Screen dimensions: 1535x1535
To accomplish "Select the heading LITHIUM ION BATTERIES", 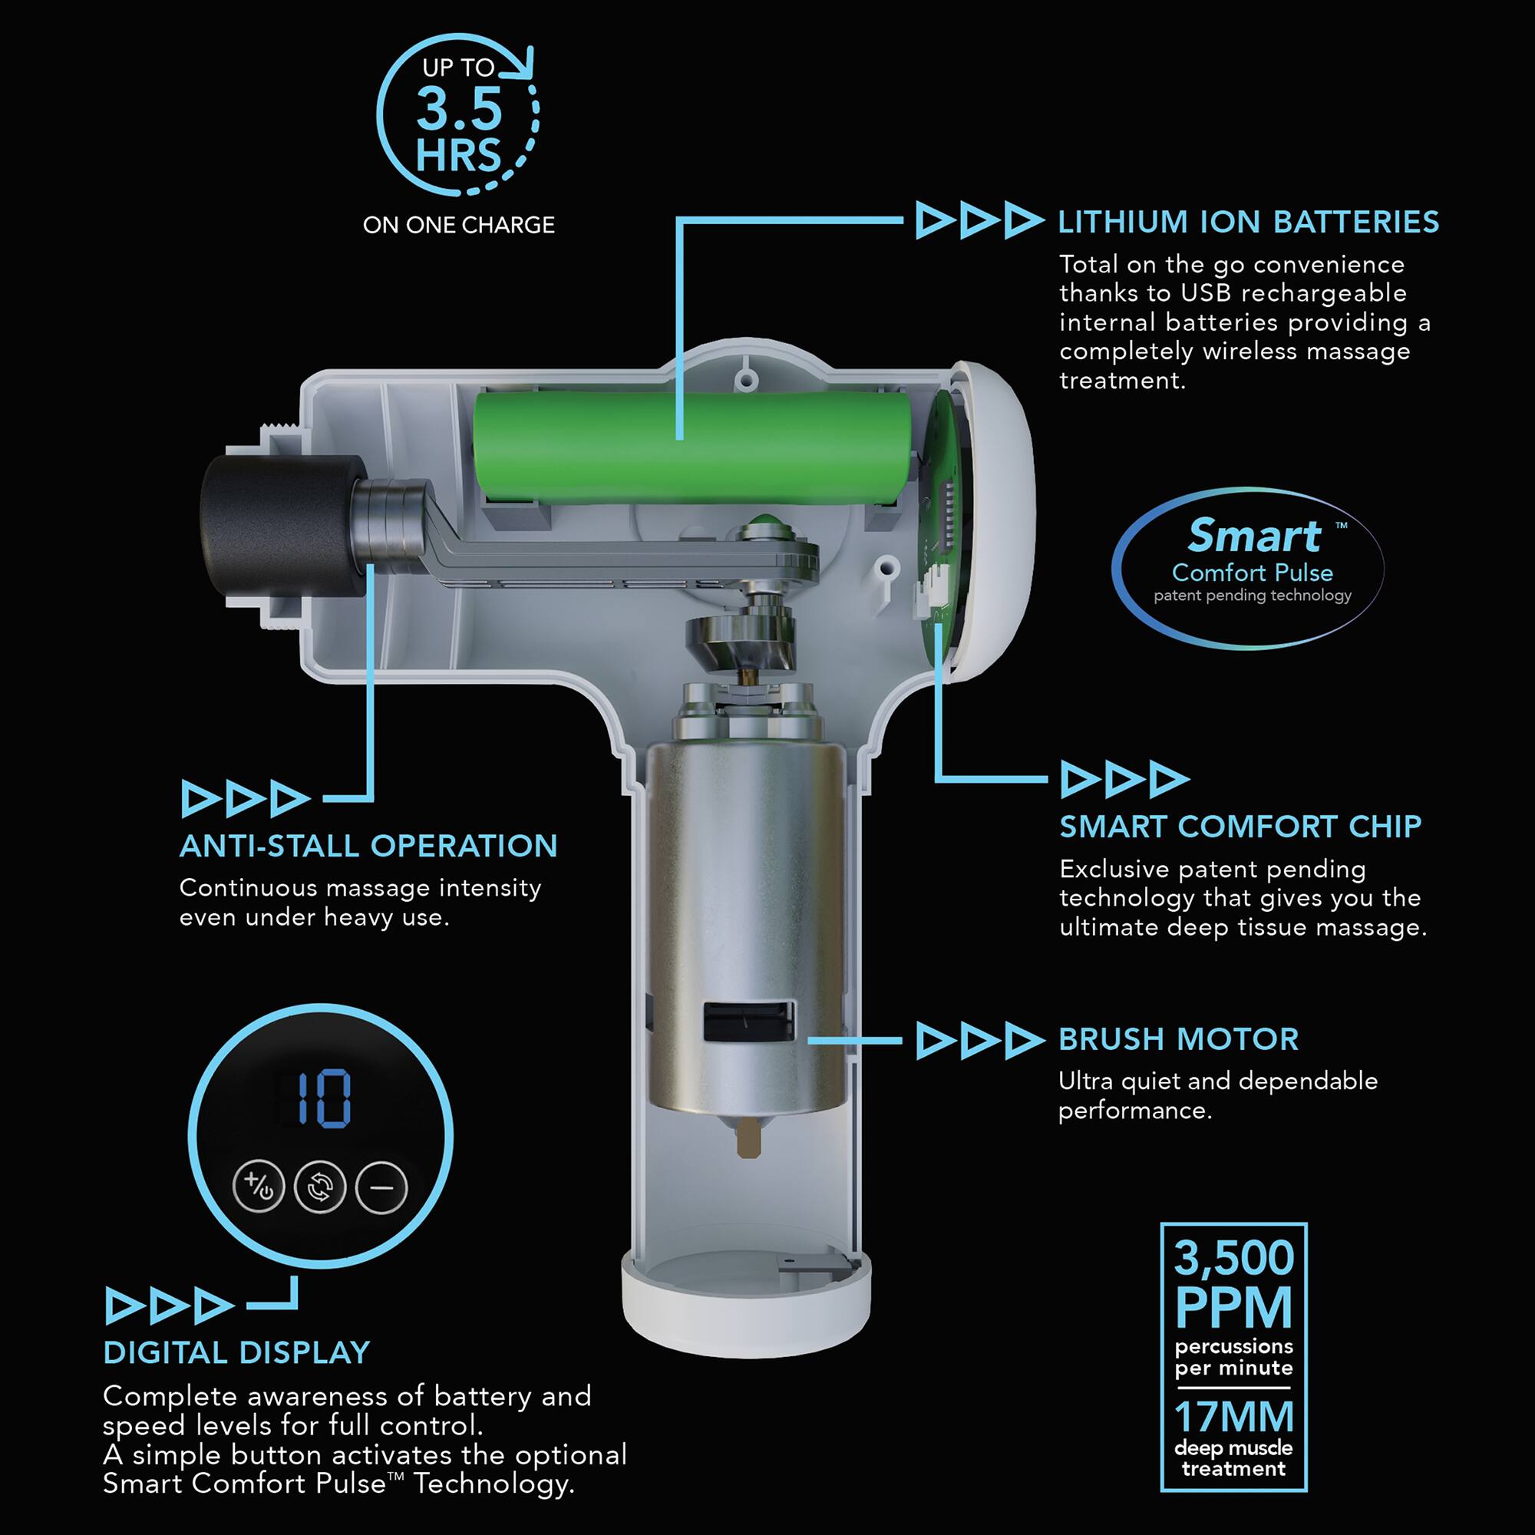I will tap(1248, 222).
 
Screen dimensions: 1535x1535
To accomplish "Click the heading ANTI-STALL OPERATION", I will tap(368, 845).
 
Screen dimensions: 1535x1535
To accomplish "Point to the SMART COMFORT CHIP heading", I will tap(1240, 827).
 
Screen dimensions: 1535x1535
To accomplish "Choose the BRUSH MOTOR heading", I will tap(1178, 1039).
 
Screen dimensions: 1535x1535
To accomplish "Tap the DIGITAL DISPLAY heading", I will tap(236, 1352).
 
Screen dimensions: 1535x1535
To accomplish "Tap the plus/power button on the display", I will tap(259, 1187).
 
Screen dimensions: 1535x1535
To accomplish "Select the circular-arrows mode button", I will tap(320, 1187).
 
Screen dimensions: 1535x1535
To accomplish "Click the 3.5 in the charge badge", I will tap(459, 109).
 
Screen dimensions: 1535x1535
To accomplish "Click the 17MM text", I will tap(1234, 1416).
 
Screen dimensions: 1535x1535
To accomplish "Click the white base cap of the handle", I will tap(745, 1315).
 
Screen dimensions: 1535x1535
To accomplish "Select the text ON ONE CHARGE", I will tap(458, 225).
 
